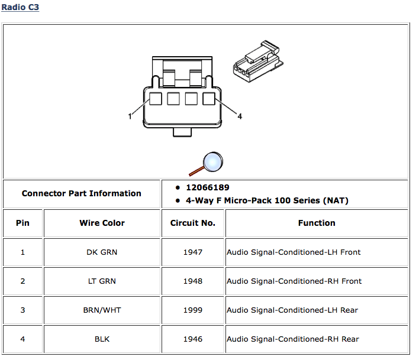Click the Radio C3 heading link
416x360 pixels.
[x=20, y=8]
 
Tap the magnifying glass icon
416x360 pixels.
[x=208, y=163]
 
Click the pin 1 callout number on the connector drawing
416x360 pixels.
[x=130, y=116]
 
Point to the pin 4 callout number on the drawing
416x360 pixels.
[x=240, y=116]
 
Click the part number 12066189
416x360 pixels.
[x=207, y=187]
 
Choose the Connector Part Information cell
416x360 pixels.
[x=82, y=193]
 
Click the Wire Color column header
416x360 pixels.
[x=102, y=223]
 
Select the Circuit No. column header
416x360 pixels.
[x=193, y=223]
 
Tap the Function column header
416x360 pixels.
[x=317, y=223]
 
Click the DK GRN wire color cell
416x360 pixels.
[x=102, y=252]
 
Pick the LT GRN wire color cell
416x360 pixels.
[x=102, y=281]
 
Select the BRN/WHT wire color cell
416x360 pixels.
[x=102, y=310]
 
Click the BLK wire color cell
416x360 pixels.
[x=102, y=339]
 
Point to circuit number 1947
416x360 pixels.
[x=193, y=252]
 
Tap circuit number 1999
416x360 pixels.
[x=193, y=310]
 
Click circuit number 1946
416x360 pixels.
[x=193, y=339]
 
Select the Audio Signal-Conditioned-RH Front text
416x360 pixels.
[x=294, y=281]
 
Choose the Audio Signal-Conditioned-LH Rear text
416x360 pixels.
[x=292, y=310]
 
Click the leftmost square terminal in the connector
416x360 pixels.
[x=155, y=99]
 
